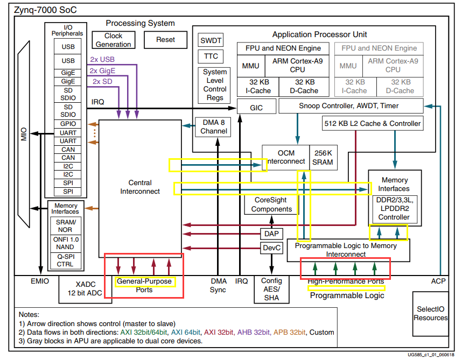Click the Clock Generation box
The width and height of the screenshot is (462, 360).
[x=113, y=40]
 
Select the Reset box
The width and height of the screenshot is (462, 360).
[x=165, y=40]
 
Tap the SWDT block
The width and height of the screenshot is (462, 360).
[x=211, y=41]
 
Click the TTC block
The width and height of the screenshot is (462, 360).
[x=211, y=57]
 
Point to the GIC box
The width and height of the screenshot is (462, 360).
[x=256, y=108]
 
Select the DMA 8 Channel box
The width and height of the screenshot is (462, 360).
[x=214, y=127]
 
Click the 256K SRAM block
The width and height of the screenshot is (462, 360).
[x=323, y=158]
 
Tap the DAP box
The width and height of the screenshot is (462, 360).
[x=271, y=234]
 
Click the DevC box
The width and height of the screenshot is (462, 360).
[x=271, y=248]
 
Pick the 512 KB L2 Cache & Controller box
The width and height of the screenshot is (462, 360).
[x=373, y=123]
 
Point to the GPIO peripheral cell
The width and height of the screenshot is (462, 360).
[x=68, y=124]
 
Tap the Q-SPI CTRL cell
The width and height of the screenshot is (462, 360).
[x=65, y=260]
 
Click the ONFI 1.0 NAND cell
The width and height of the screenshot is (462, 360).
[x=66, y=243]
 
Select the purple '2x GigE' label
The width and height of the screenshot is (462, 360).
[x=102, y=70]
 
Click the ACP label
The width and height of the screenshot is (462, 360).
[x=438, y=281]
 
